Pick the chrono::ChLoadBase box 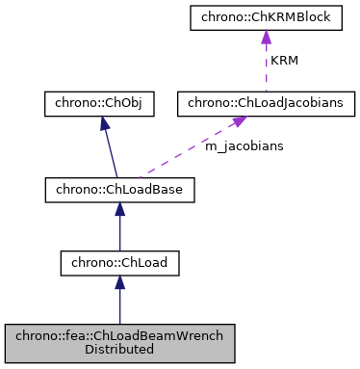click(x=119, y=190)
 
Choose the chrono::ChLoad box click(x=119, y=261)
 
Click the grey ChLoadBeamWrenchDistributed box click(x=119, y=342)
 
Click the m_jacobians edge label click(x=244, y=145)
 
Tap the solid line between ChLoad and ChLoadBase click(x=119, y=231)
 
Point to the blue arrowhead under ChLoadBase click(x=119, y=210)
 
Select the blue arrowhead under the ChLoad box click(x=119, y=281)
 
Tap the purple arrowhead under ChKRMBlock click(x=263, y=37)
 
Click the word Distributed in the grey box click(x=119, y=349)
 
